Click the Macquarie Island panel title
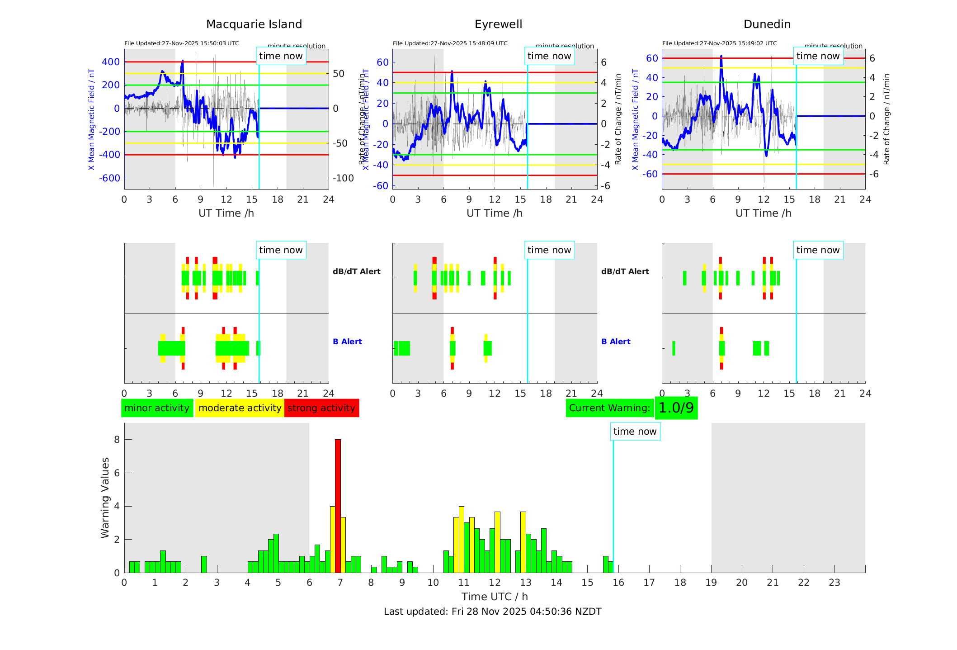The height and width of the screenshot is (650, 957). click(254, 24)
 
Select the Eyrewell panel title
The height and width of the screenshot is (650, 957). click(498, 24)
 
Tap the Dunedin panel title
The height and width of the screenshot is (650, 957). click(767, 24)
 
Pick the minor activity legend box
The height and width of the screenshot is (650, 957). click(157, 408)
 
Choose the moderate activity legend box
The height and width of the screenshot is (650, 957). click(240, 408)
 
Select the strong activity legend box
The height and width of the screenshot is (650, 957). click(321, 408)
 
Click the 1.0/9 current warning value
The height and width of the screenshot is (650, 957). click(676, 408)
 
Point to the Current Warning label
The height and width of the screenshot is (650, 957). click(609, 408)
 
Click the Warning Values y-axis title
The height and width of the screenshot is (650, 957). click(105, 498)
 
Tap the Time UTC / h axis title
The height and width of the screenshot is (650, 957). click(495, 597)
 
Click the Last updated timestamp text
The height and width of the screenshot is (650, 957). click(492, 612)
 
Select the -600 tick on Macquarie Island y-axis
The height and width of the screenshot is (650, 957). click(110, 178)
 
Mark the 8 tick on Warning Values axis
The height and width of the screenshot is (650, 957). click(117, 440)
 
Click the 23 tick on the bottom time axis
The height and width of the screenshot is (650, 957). click(834, 583)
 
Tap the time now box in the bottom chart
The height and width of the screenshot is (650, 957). click(635, 432)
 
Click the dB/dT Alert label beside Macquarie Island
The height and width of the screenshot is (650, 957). click(356, 271)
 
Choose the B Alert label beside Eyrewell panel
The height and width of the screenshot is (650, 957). click(616, 342)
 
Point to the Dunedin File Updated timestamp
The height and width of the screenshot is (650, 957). click(719, 43)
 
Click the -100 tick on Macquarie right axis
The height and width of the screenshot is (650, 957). click(343, 178)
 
